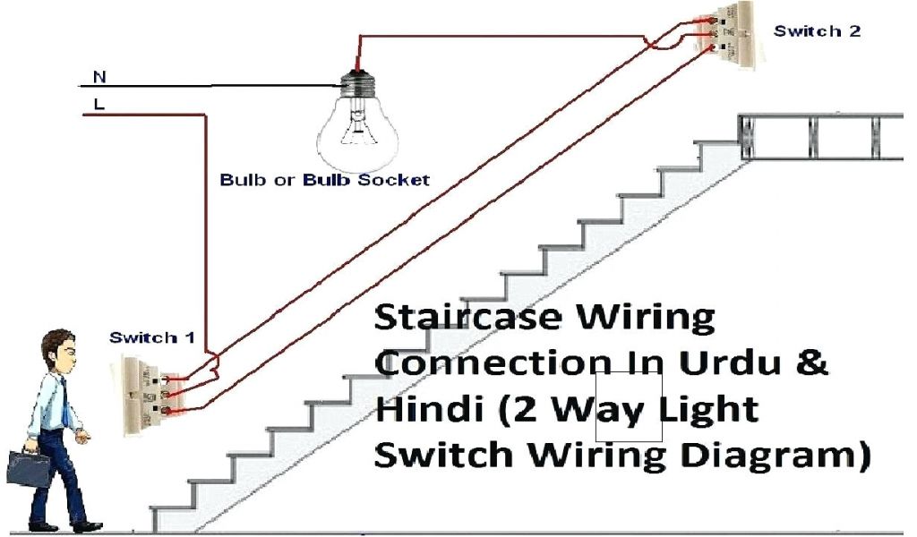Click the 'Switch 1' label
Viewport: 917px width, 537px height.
click(151, 337)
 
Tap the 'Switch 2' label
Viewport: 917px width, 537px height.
click(817, 31)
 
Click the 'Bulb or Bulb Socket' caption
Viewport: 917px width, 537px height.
click(325, 180)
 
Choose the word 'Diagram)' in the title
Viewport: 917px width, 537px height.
click(770, 455)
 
